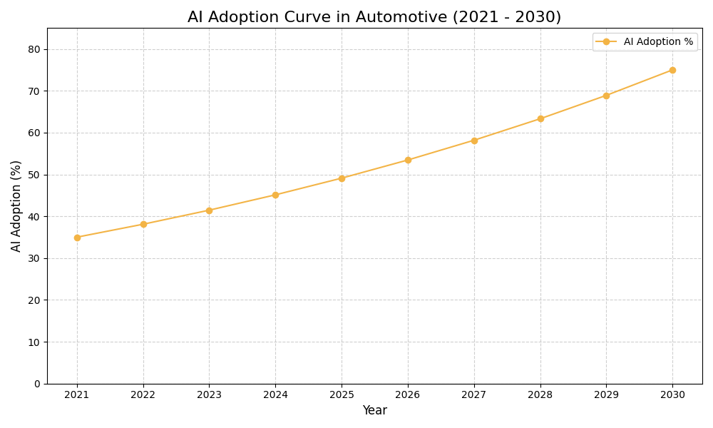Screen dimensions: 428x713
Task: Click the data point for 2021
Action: pyautogui.click(x=77, y=238)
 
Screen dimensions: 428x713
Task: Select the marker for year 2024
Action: pyautogui.click(x=275, y=195)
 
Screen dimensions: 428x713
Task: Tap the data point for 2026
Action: pyautogui.click(x=408, y=160)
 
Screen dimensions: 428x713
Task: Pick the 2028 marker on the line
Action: pyautogui.click(x=540, y=118)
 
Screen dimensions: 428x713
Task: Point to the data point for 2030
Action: pyautogui.click(x=672, y=70)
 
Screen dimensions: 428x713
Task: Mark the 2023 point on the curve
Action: pyautogui.click(x=209, y=210)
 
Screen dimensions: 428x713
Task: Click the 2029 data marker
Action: pyautogui.click(x=606, y=96)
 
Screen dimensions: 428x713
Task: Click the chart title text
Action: pyautogui.click(x=374, y=17)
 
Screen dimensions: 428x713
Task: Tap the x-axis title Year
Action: pyautogui.click(x=374, y=411)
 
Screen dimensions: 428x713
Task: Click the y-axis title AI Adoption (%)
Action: pyautogui.click(x=16, y=205)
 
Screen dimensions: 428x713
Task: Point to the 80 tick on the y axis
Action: pyautogui.click(x=34, y=49)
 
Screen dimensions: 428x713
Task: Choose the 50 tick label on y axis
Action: pyautogui.click(x=34, y=175)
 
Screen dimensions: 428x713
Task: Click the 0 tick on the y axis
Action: pyautogui.click(x=37, y=384)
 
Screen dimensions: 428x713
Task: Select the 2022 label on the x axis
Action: pyautogui.click(x=143, y=394)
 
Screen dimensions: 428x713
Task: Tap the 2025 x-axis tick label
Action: pyautogui.click(x=342, y=394)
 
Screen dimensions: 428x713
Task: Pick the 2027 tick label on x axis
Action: pyautogui.click(x=474, y=394)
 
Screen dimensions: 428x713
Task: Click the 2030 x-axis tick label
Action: pyautogui.click(x=672, y=394)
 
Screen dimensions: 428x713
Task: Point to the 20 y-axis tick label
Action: pyautogui.click(x=34, y=300)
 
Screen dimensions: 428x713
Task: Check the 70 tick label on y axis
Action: pyautogui.click(x=34, y=91)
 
